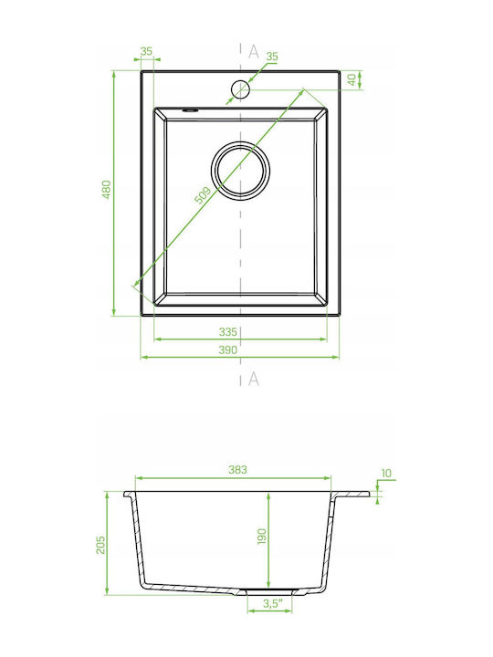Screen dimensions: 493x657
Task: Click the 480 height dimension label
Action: tap(107, 189)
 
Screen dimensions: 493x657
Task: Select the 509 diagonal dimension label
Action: tap(203, 195)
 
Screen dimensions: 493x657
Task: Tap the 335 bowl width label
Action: tap(228, 332)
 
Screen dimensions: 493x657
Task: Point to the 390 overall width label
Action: tap(228, 349)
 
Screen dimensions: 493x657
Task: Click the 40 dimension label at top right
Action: tap(352, 78)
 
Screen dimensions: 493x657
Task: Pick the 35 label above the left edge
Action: tap(146, 51)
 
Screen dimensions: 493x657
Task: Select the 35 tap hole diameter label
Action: tap(272, 57)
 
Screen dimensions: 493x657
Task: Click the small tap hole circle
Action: tap(240, 89)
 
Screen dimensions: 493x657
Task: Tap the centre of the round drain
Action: tap(240, 170)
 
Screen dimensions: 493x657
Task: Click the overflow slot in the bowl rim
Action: tap(190, 110)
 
